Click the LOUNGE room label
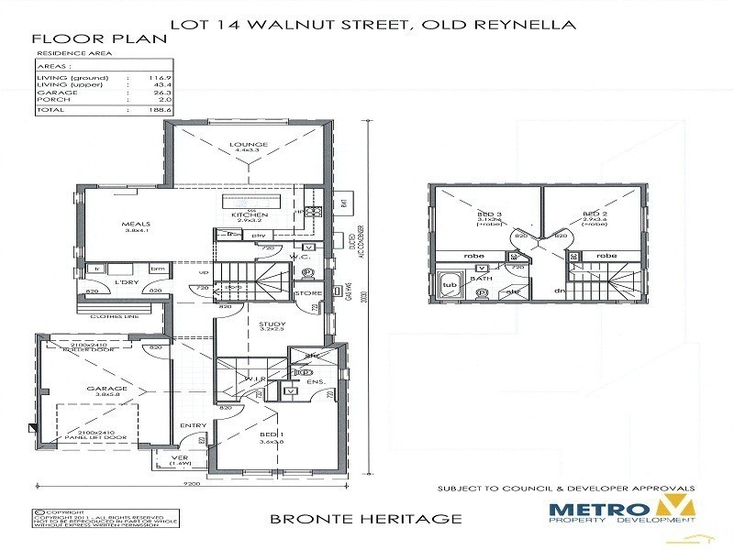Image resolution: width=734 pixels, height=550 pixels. click(250, 144)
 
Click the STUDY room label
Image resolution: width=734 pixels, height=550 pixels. click(272, 324)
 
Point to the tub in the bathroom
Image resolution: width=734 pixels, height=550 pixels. click(450, 285)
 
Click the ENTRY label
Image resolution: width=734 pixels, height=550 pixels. click(193, 425)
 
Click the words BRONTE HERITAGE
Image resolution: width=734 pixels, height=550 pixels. click(365, 519)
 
